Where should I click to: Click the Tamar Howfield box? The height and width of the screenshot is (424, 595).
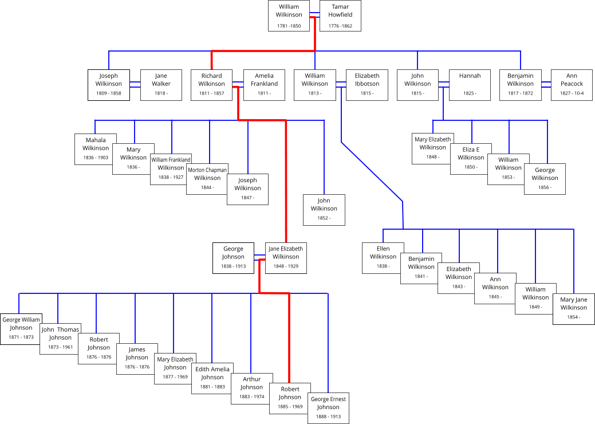[340, 16]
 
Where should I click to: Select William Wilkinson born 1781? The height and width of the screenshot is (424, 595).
[288, 16]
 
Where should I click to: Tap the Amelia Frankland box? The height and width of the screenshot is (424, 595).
[264, 85]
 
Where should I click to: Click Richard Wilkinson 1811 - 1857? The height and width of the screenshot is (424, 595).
[211, 85]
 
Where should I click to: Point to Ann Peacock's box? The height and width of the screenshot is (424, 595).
[572, 85]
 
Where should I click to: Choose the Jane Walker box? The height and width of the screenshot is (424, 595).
[161, 85]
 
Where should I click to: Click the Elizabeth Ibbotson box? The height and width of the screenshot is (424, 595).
[367, 85]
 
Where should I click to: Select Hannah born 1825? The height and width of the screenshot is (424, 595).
[470, 85]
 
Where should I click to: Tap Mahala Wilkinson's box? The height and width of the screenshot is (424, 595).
[96, 149]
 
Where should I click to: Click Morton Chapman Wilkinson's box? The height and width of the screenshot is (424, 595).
[207, 179]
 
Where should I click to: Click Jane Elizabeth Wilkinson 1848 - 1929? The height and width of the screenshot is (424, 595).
[286, 258]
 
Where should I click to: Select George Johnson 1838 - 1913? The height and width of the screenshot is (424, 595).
[233, 258]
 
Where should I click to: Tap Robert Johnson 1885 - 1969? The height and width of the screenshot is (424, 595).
[290, 398]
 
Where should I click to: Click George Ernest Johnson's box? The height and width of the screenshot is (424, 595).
[328, 408]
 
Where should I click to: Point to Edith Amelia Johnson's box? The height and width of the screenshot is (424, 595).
[212, 378]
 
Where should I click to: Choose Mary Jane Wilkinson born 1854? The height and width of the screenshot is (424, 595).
[573, 309]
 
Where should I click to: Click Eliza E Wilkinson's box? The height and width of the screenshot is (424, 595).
[471, 159]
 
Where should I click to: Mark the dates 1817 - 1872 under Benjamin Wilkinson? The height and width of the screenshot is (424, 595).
[520, 93]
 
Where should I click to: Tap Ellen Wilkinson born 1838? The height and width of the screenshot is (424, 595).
[383, 258]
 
